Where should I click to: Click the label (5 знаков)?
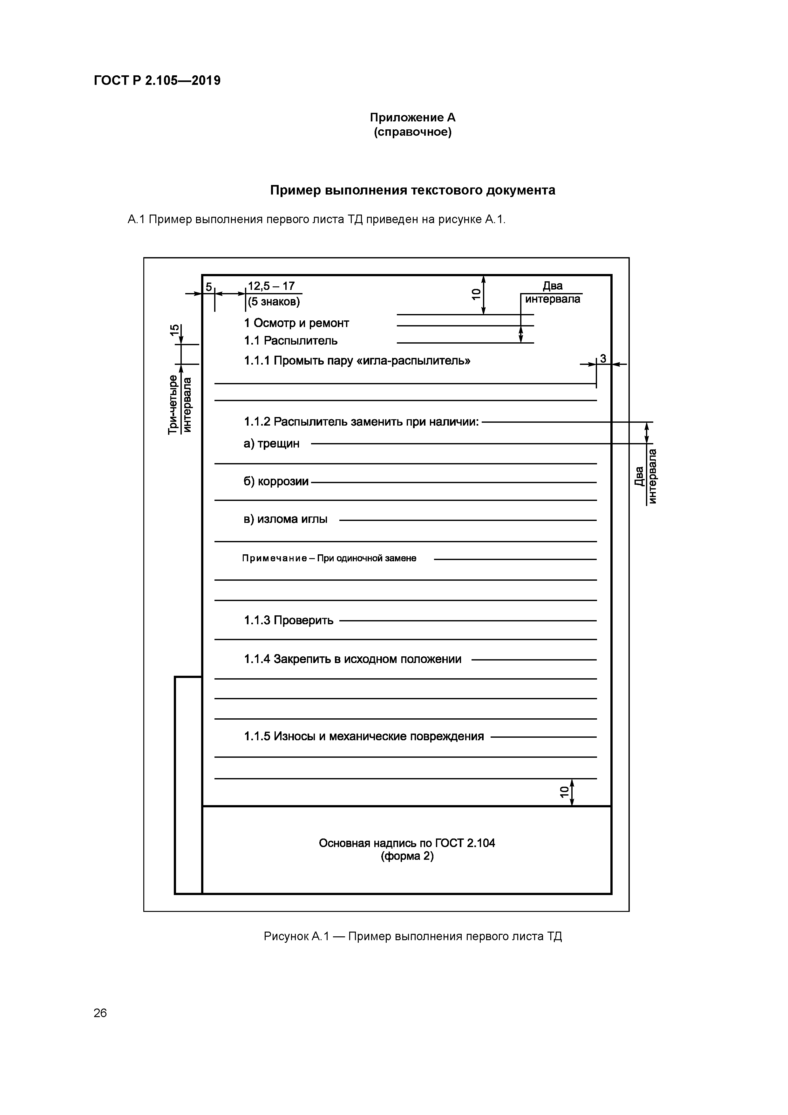(274, 302)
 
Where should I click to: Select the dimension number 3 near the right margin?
(603, 359)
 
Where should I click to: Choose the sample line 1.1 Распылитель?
(290, 340)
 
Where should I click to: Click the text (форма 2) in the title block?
(407, 856)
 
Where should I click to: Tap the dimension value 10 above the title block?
(564, 791)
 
